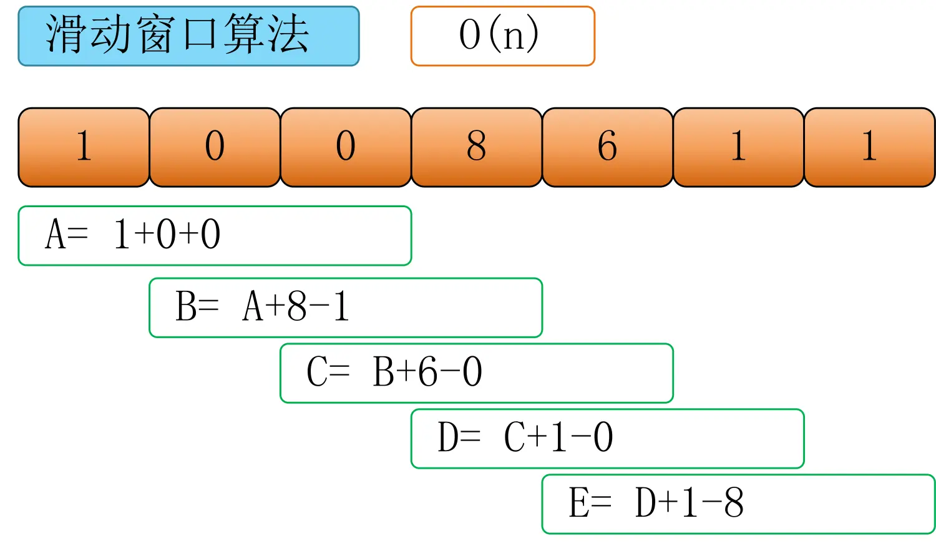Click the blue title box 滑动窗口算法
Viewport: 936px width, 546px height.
pos(188,36)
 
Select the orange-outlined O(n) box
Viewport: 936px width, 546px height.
pos(502,36)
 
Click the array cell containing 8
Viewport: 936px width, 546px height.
pos(476,147)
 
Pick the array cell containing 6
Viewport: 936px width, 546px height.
pos(607,147)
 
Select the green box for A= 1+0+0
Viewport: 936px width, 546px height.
pos(215,236)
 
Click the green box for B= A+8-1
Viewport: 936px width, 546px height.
pos(346,308)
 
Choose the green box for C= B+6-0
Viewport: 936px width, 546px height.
pos(477,373)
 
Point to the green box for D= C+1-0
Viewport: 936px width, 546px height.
pos(607,438)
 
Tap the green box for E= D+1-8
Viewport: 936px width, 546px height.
pos(738,504)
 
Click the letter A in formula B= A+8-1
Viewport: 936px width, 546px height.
pos(252,307)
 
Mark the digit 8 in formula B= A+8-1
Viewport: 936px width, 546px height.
pos(297,307)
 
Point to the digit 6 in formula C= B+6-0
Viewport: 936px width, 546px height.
pos(428,373)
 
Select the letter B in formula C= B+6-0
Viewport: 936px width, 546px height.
pos(383,373)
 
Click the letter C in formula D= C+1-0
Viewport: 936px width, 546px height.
pos(514,437)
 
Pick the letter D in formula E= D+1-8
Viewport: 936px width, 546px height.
pos(645,503)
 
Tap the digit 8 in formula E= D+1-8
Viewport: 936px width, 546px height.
pos(734,503)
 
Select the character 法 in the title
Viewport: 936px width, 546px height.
pos(288,35)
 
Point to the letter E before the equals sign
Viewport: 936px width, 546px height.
pos(578,503)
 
